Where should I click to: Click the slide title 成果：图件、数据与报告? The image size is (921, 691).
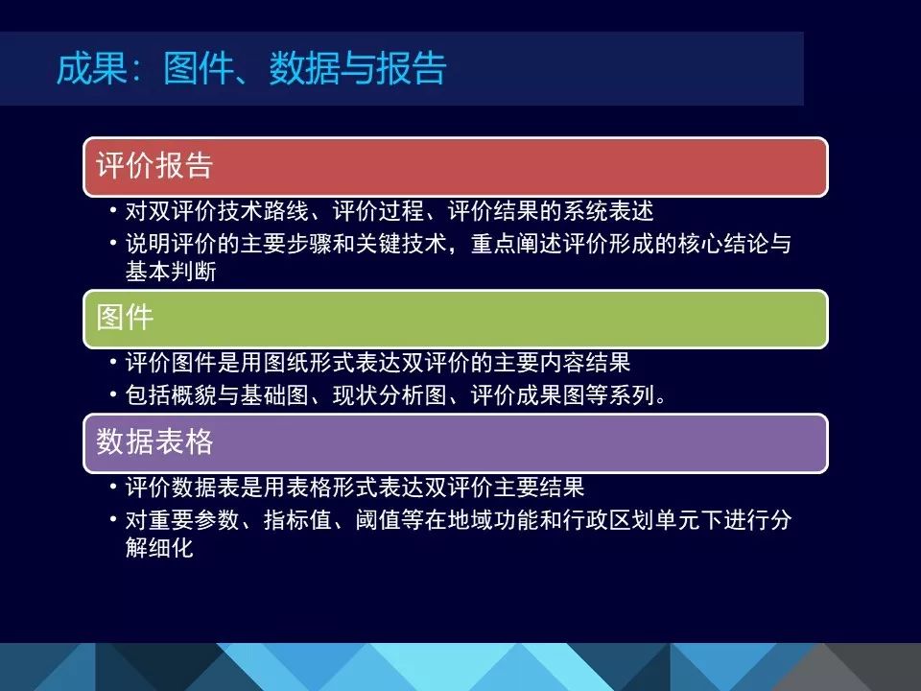coord(251,68)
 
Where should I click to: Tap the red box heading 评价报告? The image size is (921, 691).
coord(154,165)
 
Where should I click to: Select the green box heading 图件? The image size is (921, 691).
coord(125,318)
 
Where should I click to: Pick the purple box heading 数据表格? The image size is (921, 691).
coord(154,441)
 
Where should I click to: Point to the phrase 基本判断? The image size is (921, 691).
coord(171,272)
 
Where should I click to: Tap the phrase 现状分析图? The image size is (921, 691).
coord(390,394)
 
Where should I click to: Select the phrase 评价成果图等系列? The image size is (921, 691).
coord(563,394)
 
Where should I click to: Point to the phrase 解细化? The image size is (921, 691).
coord(160,548)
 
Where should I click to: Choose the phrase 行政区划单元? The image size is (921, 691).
coord(631,520)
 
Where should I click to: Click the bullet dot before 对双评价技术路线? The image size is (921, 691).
coord(113,209)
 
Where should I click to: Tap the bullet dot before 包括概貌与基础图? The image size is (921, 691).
coord(113,393)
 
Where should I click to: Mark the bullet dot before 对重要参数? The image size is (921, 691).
coord(113,519)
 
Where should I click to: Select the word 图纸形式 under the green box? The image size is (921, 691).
coord(309,363)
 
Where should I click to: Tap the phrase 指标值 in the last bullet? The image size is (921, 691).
coord(297,520)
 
